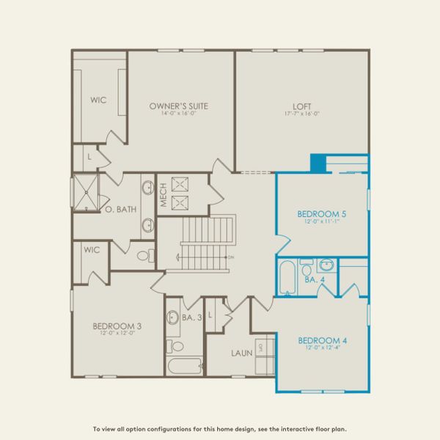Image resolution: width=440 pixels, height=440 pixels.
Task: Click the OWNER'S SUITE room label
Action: click(178, 106)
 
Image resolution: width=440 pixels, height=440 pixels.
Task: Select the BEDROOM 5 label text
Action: click(321, 214)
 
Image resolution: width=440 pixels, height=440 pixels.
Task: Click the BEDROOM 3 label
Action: click(117, 326)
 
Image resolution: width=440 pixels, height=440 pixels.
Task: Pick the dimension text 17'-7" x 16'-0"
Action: click(301, 114)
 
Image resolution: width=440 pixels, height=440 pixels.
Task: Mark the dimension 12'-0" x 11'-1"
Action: click(321, 222)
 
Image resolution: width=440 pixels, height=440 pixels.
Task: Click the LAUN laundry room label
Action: click(241, 353)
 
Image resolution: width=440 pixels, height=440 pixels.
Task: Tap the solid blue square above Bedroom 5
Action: click(318, 164)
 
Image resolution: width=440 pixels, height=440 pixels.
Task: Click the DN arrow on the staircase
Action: click(230, 257)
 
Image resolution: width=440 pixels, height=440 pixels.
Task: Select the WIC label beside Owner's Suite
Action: click(99, 100)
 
